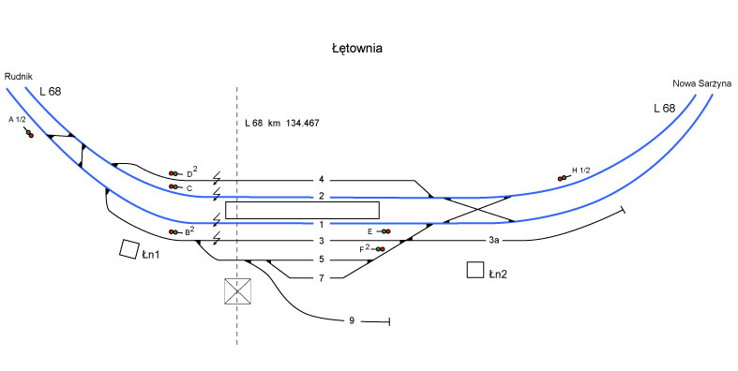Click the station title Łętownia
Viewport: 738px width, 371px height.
(x=356, y=49)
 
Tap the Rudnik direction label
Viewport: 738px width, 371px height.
(x=19, y=77)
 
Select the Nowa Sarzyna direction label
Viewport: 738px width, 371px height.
(x=701, y=83)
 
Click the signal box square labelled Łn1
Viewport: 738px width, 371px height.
(x=129, y=249)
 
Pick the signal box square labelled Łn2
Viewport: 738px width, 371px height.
(x=475, y=270)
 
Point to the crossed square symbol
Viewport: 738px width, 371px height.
(x=237, y=291)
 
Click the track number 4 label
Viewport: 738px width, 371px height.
(x=322, y=180)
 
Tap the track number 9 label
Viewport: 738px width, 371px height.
(x=352, y=321)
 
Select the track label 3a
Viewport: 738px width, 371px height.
(x=493, y=240)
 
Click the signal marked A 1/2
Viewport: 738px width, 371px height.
(x=29, y=134)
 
